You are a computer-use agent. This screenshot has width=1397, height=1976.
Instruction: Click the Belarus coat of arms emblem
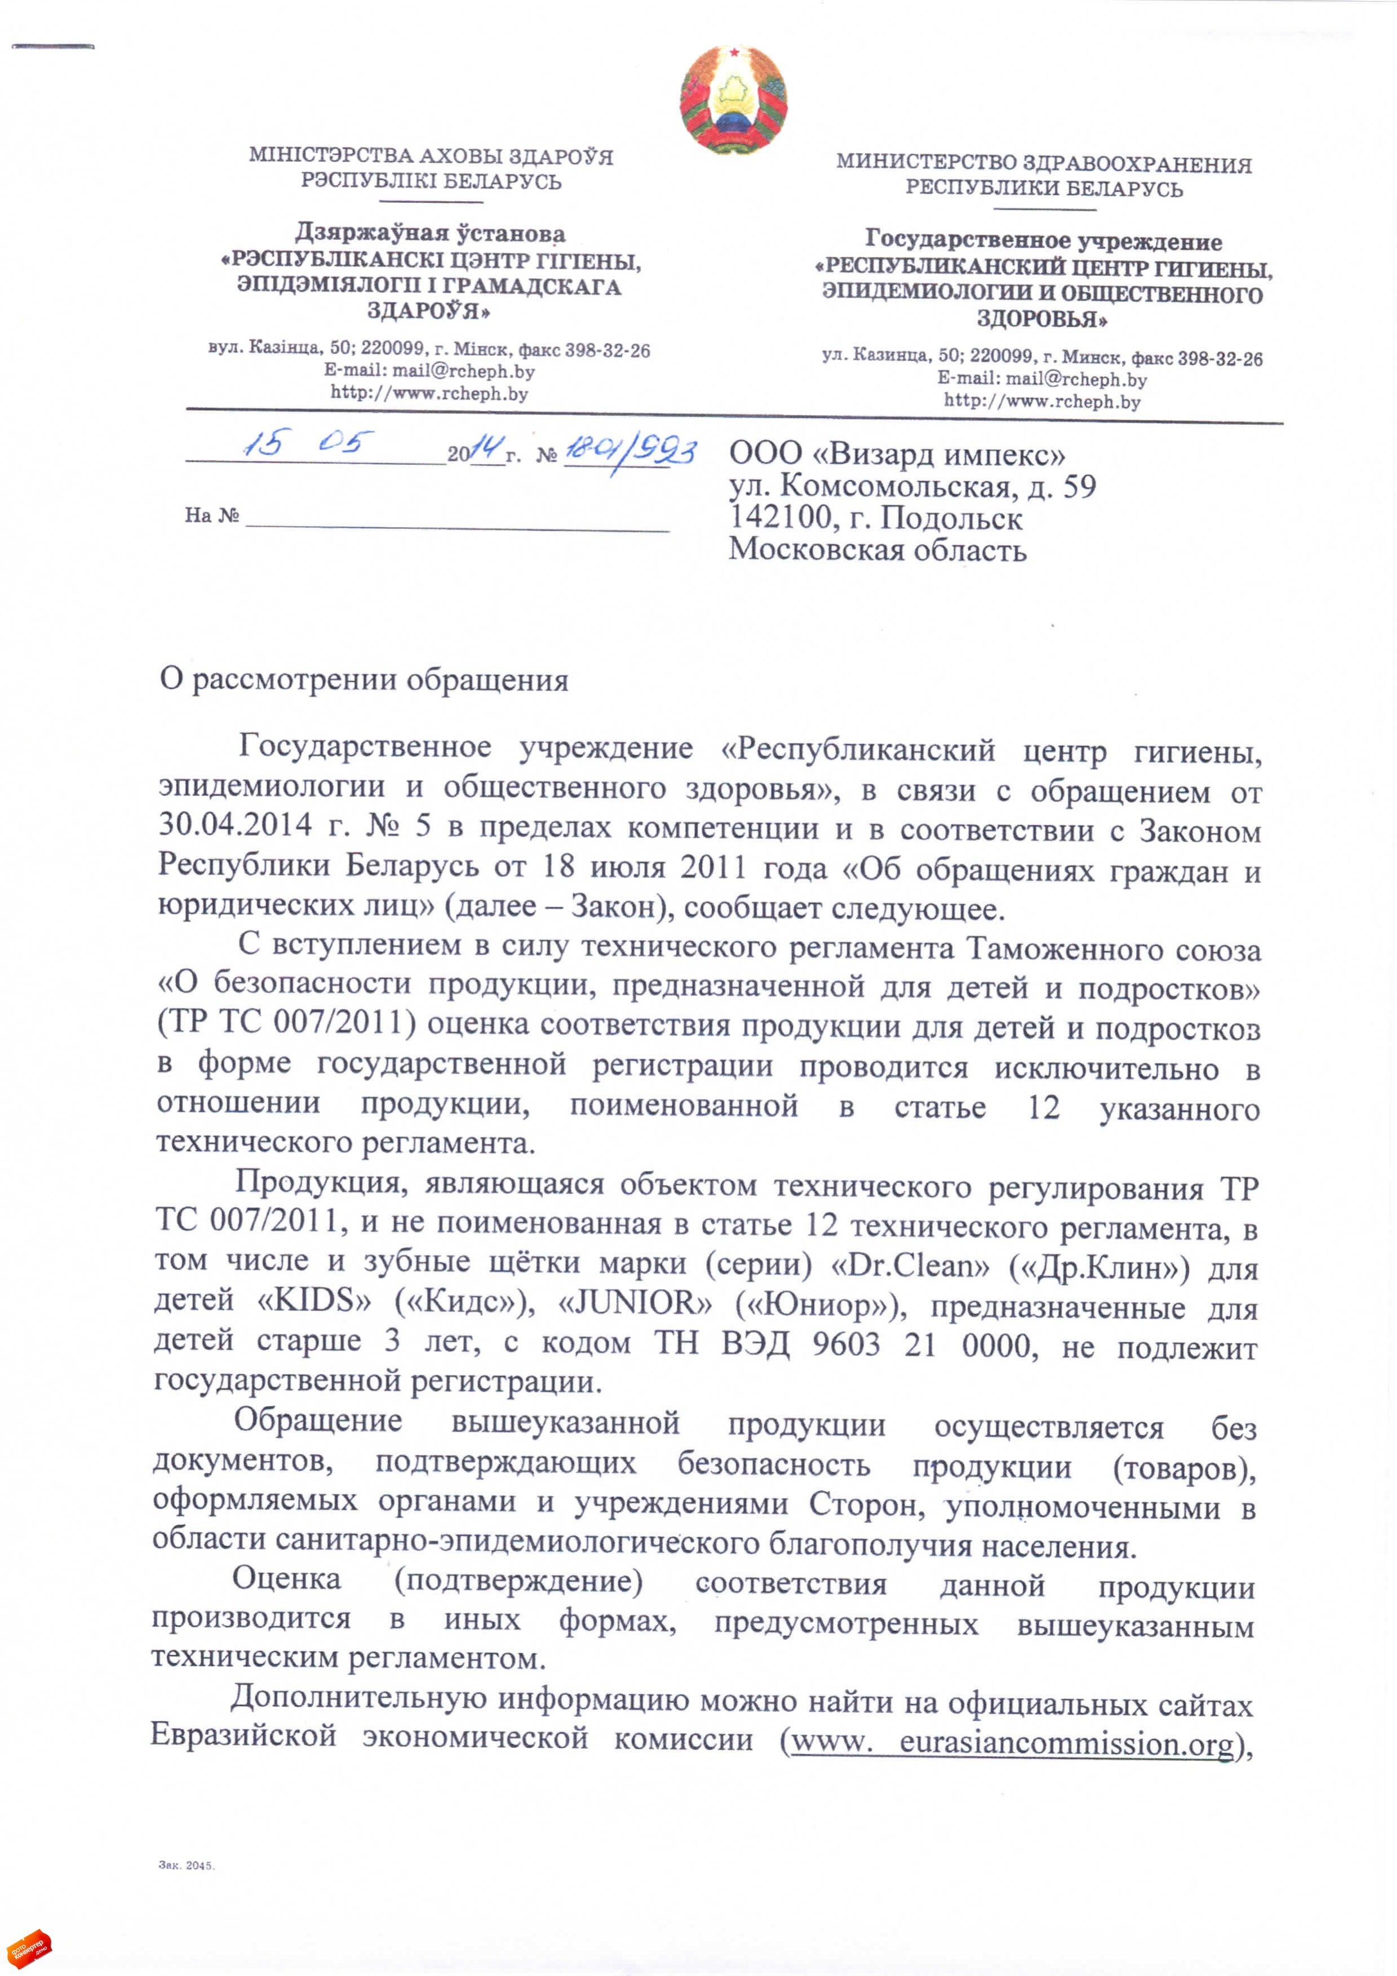[x=733, y=101]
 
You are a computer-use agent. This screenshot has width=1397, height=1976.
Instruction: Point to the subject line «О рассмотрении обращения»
[x=364, y=680]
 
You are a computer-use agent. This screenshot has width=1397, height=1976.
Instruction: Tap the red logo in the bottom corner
[x=28, y=1947]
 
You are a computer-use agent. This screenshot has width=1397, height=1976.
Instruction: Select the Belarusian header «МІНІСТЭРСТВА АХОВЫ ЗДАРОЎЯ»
[x=431, y=157]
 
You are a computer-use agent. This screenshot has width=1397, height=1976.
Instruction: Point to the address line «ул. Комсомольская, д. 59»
[x=912, y=487]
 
